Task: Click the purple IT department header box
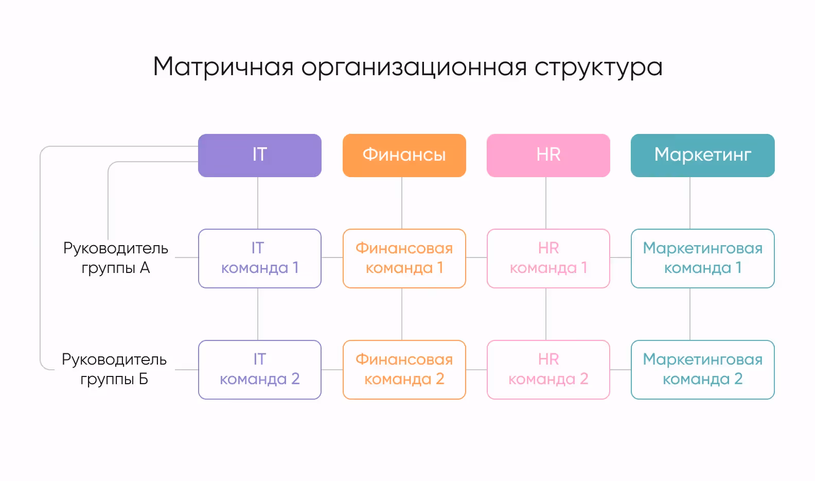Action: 260,155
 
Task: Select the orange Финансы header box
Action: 404,155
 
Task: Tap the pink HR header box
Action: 548,155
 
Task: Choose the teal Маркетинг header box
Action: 702,155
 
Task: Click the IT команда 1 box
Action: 260,258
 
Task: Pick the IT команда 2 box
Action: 260,369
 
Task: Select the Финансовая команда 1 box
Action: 404,258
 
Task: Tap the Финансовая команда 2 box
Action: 404,369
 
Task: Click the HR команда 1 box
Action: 548,258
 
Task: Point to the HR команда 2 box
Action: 548,369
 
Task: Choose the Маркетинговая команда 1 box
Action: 702,258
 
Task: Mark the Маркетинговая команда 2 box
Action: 702,369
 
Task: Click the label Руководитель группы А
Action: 116,258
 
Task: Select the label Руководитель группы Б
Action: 114,369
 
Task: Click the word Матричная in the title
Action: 223,67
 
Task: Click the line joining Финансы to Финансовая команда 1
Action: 402,203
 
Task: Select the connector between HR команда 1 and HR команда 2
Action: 546,314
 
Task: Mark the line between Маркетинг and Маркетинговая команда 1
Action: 690,203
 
